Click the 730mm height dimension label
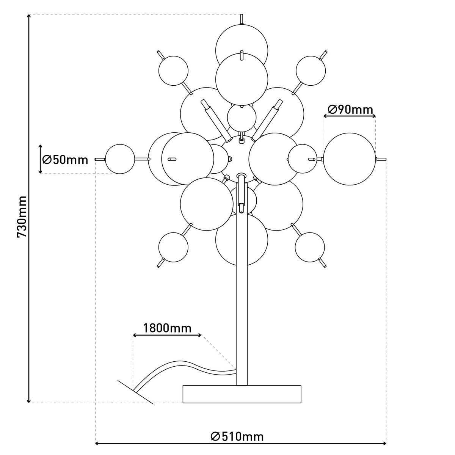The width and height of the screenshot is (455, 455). point(22,217)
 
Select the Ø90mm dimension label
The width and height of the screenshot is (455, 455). point(350,110)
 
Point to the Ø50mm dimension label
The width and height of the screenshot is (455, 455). point(65,159)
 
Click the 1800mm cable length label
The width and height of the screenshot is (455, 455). point(167,328)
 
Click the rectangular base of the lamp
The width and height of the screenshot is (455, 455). point(242,394)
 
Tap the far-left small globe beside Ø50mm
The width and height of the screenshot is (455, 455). point(120,159)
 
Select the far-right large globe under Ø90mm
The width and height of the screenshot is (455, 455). point(349,159)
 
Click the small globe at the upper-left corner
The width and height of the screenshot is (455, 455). point(173,71)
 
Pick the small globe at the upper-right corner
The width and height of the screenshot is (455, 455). point(311,71)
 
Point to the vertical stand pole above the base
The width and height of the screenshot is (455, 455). point(242,303)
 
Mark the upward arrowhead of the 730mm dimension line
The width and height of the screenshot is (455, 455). point(29,17)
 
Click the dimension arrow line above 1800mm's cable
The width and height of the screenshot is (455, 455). point(167,335)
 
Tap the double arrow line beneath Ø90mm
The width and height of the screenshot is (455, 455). point(349,116)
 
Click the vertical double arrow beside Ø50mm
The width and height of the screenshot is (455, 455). point(41,159)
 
